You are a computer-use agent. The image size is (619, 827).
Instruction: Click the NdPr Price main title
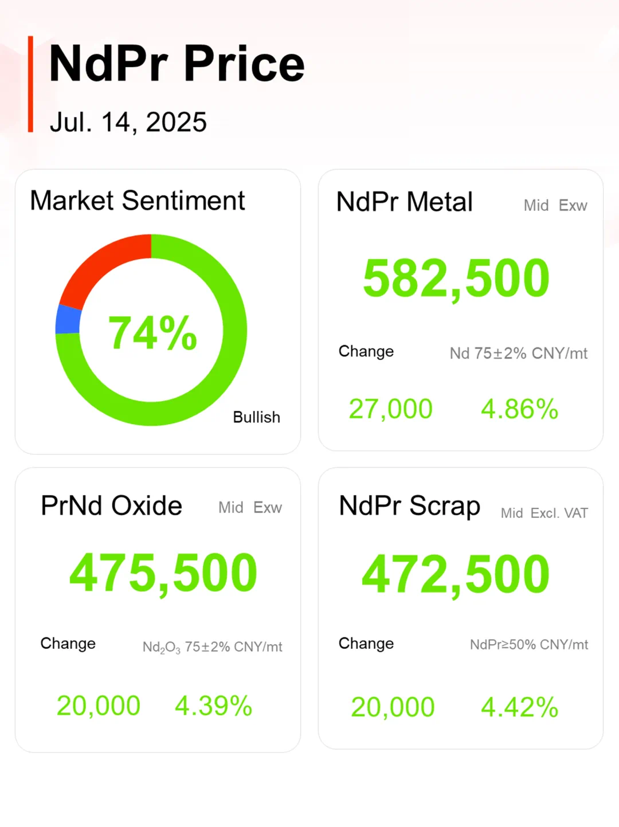click(177, 64)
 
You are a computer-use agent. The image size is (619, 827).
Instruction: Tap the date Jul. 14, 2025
click(128, 122)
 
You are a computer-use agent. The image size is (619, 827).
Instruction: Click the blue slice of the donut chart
click(68, 319)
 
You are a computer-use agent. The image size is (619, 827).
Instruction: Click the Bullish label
click(256, 417)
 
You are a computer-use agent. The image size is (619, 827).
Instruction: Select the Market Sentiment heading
click(138, 201)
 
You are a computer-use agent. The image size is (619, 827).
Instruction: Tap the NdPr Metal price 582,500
click(456, 279)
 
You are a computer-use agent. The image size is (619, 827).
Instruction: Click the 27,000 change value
click(390, 409)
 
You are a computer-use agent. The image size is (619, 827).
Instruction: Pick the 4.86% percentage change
click(519, 409)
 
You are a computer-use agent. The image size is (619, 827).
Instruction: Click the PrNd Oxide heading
click(111, 505)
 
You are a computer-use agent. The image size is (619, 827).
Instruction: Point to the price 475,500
click(163, 573)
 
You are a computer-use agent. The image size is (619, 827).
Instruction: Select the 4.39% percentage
click(213, 706)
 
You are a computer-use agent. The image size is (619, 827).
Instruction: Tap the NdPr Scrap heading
click(409, 506)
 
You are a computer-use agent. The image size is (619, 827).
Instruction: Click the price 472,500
click(456, 574)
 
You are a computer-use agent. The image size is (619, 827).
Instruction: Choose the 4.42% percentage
click(519, 707)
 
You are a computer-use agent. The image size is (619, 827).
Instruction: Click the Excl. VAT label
click(559, 513)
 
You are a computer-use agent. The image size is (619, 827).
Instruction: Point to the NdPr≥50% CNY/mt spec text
click(528, 645)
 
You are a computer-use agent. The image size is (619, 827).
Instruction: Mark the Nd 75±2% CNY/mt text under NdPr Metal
click(518, 353)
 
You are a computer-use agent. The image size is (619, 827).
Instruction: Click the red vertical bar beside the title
click(30, 84)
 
